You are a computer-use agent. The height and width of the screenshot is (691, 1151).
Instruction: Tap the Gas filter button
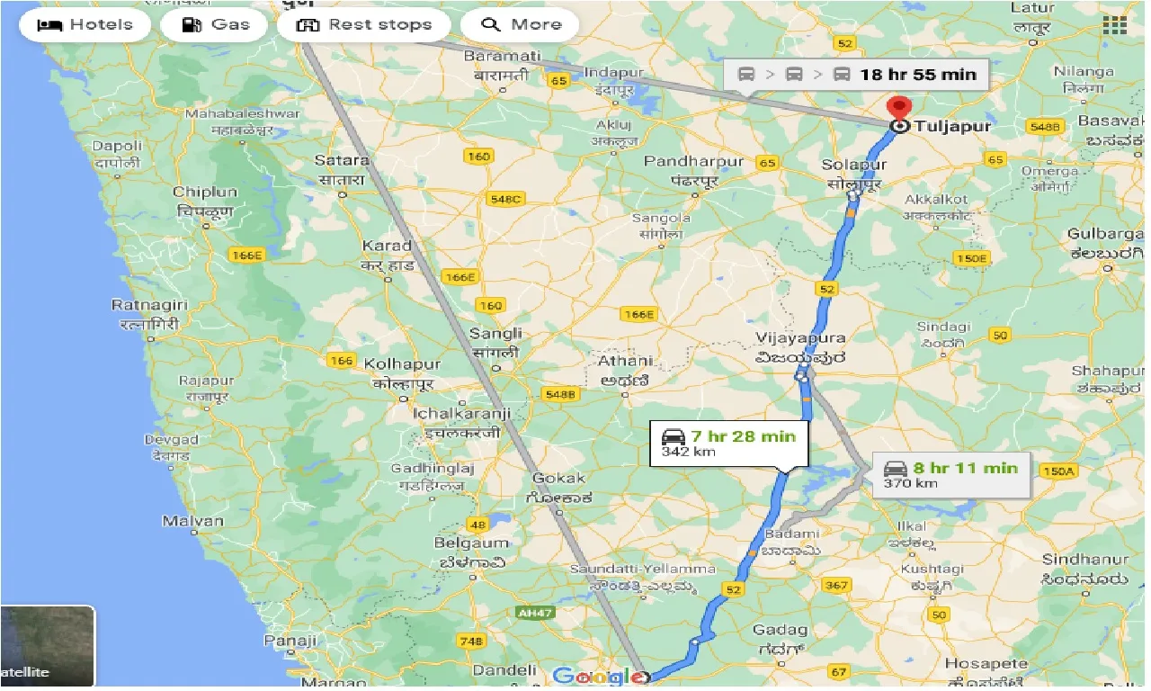215,24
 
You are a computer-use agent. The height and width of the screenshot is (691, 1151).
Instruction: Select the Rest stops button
364,24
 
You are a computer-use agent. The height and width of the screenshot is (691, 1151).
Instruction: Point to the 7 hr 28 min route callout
727,443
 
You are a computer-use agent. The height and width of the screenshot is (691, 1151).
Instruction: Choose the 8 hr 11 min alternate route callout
950,474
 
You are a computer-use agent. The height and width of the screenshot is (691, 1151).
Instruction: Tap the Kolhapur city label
402,364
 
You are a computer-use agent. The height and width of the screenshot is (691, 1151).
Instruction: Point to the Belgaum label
471,543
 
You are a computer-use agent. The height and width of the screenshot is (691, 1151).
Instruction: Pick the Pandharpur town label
694,162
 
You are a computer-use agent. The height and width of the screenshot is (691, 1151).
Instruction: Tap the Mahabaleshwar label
242,114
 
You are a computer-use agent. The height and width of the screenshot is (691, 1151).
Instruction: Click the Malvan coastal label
192,521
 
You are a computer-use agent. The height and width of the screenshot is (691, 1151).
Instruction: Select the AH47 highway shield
534,613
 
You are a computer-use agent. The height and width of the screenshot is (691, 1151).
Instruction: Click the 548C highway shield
504,199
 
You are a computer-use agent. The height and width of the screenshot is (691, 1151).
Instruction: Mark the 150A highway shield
1057,471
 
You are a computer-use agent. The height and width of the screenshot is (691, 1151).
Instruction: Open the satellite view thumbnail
48,646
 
